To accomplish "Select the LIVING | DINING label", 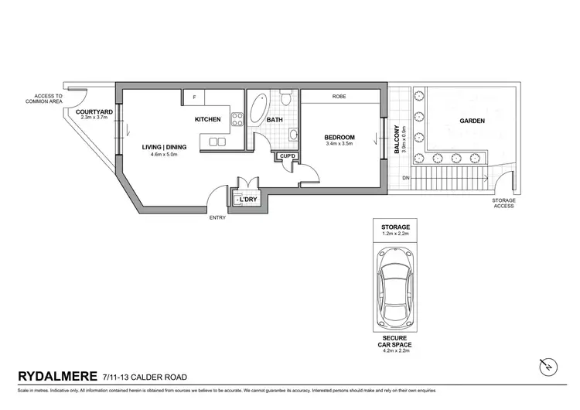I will point(164,146).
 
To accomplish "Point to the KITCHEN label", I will point(207,119).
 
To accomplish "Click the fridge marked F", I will point(195,97).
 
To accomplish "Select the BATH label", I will point(275,120).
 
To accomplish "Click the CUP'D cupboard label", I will point(288,156).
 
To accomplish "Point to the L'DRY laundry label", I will point(247,200).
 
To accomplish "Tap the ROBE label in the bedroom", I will point(339,97).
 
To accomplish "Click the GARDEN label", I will point(472,121).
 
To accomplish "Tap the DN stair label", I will point(406,179).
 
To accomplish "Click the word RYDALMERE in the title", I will point(56,377).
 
